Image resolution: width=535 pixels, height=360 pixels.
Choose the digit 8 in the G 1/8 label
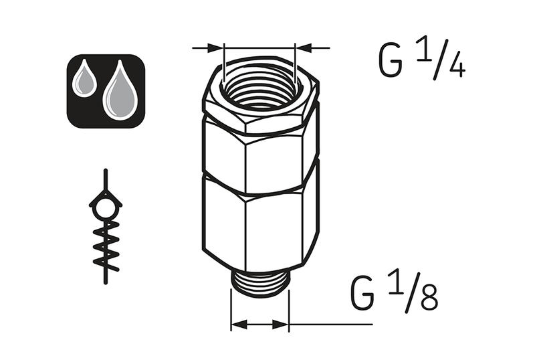[429, 299]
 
